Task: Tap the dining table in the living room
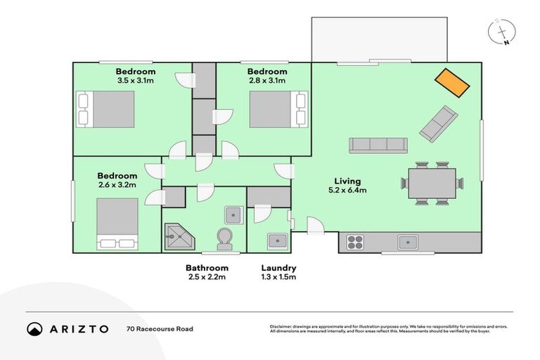click(432, 184)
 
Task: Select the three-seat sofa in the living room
click(378, 145)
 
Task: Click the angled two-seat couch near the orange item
click(437, 122)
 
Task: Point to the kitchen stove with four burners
click(355, 243)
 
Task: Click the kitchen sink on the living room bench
click(407, 243)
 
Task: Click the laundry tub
click(276, 240)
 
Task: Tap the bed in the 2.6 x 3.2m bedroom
click(117, 224)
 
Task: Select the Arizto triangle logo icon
click(35, 328)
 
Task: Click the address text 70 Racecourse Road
click(160, 328)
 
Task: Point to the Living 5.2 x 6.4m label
click(347, 185)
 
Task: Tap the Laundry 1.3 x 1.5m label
click(278, 272)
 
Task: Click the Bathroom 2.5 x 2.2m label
click(207, 272)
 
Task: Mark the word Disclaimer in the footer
click(282, 326)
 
